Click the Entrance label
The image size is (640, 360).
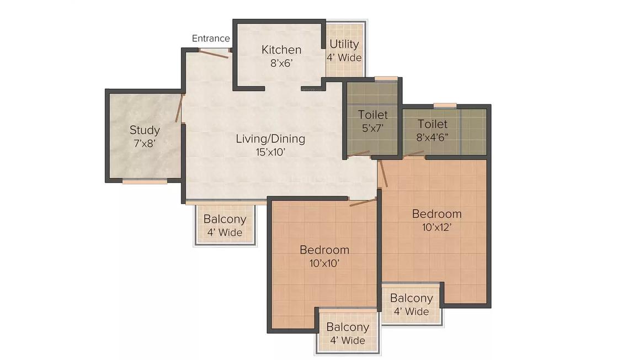click(211, 39)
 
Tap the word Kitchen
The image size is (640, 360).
click(281, 50)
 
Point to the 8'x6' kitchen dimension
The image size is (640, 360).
click(281, 63)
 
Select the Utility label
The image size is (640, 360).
click(344, 44)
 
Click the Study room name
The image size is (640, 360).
click(145, 130)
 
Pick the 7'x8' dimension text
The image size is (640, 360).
click(145, 144)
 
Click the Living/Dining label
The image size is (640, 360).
click(270, 139)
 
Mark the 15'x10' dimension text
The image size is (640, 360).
click(270, 152)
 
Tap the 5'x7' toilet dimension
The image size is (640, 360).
click(372, 128)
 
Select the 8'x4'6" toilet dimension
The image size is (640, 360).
click(432, 137)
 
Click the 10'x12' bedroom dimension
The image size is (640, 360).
click(437, 227)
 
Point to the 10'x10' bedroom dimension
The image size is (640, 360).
click(324, 263)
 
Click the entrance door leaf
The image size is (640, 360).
click(214, 54)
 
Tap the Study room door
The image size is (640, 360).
click(179, 108)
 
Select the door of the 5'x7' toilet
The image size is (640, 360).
click(359, 153)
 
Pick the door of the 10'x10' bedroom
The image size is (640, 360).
click(363, 202)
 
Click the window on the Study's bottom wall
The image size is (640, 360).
click(145, 182)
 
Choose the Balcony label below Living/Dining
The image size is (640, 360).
click(225, 219)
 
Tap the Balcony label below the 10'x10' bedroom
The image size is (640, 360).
click(348, 327)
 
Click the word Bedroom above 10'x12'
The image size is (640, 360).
click(437, 214)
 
